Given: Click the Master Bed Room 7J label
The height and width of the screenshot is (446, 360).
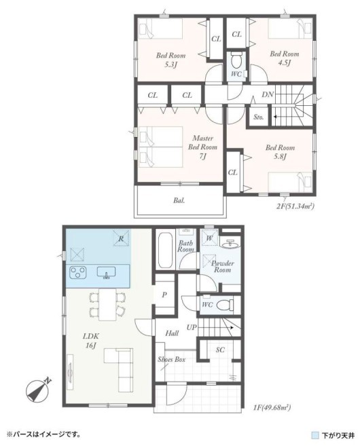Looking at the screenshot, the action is coord(202,147).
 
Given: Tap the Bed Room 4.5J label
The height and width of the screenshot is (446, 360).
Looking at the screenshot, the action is coord(285,58).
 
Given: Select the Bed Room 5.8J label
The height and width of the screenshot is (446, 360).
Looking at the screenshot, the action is coord(280,152).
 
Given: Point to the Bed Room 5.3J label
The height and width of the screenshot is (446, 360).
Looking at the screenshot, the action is coord(170,60).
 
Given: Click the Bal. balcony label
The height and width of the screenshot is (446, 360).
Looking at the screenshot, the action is coord(179,200).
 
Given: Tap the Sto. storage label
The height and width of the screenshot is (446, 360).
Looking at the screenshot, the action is coord(258,117).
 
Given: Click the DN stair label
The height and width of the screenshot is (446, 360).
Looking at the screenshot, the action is coord(268,94).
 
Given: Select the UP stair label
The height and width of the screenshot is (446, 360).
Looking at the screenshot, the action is coord(192,327).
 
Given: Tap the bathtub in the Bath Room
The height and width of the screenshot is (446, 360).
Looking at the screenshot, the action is coord(165,250).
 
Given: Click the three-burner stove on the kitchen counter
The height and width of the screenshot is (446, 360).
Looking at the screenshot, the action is coord(78,272).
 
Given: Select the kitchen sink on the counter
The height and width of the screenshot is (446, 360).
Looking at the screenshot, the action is coord(106,272).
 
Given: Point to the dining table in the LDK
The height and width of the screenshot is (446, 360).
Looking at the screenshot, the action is coord(107,304).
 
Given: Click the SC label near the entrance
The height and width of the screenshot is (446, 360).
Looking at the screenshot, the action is coord(220,350).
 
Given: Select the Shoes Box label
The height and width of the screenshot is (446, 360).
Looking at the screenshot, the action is coord(171,359).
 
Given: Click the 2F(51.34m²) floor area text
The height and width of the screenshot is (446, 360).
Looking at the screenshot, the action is coord(295,206).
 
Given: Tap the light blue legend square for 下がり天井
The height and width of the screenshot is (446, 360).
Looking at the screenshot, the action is coord(314,435).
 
